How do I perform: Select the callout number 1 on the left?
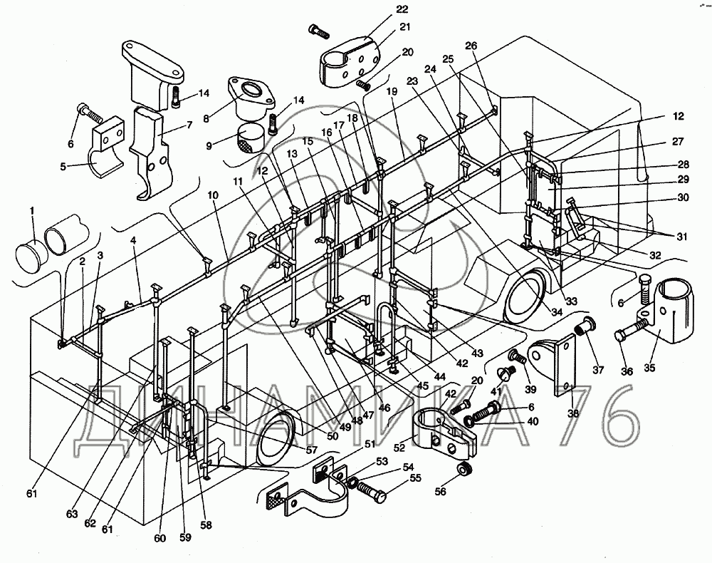coord(32,212)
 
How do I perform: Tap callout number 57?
coord(310,450)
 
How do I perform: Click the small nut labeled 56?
coord(464,470)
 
